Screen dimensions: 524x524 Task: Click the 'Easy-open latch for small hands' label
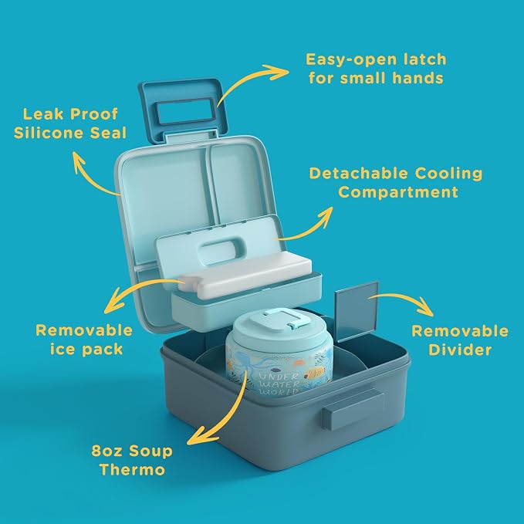376,69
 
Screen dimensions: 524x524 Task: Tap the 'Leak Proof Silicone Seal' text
70,123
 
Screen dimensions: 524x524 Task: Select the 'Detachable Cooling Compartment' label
396,183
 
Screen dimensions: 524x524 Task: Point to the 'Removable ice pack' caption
84,340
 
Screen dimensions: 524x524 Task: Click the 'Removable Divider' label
460,340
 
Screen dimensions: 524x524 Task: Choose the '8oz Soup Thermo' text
132,460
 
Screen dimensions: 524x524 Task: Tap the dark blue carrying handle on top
184,109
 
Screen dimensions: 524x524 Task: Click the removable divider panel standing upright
357,312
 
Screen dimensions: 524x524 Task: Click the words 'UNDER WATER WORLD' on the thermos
279,384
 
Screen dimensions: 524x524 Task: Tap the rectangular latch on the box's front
353,409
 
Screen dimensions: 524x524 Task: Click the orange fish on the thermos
316,372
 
